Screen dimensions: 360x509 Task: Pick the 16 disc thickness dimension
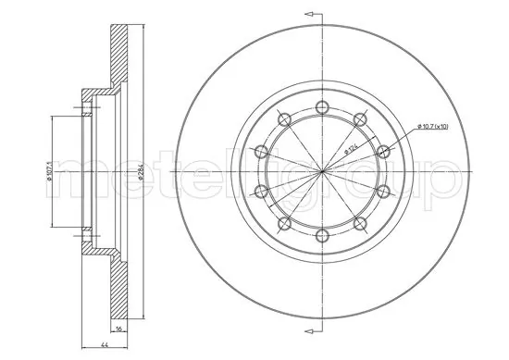click(x=118, y=328)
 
